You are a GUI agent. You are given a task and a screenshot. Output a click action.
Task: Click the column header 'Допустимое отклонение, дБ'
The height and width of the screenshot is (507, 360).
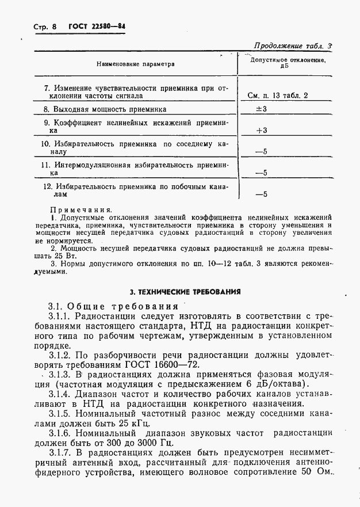(286, 63)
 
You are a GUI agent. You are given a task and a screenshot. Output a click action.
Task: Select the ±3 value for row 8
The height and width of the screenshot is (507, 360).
(261, 109)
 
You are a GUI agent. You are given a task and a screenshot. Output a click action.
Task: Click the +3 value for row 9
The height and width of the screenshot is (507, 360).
(262, 131)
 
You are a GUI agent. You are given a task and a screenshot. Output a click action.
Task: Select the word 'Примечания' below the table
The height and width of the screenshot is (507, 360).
(81, 210)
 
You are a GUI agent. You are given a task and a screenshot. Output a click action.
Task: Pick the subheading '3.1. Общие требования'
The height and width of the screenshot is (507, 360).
(113, 306)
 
